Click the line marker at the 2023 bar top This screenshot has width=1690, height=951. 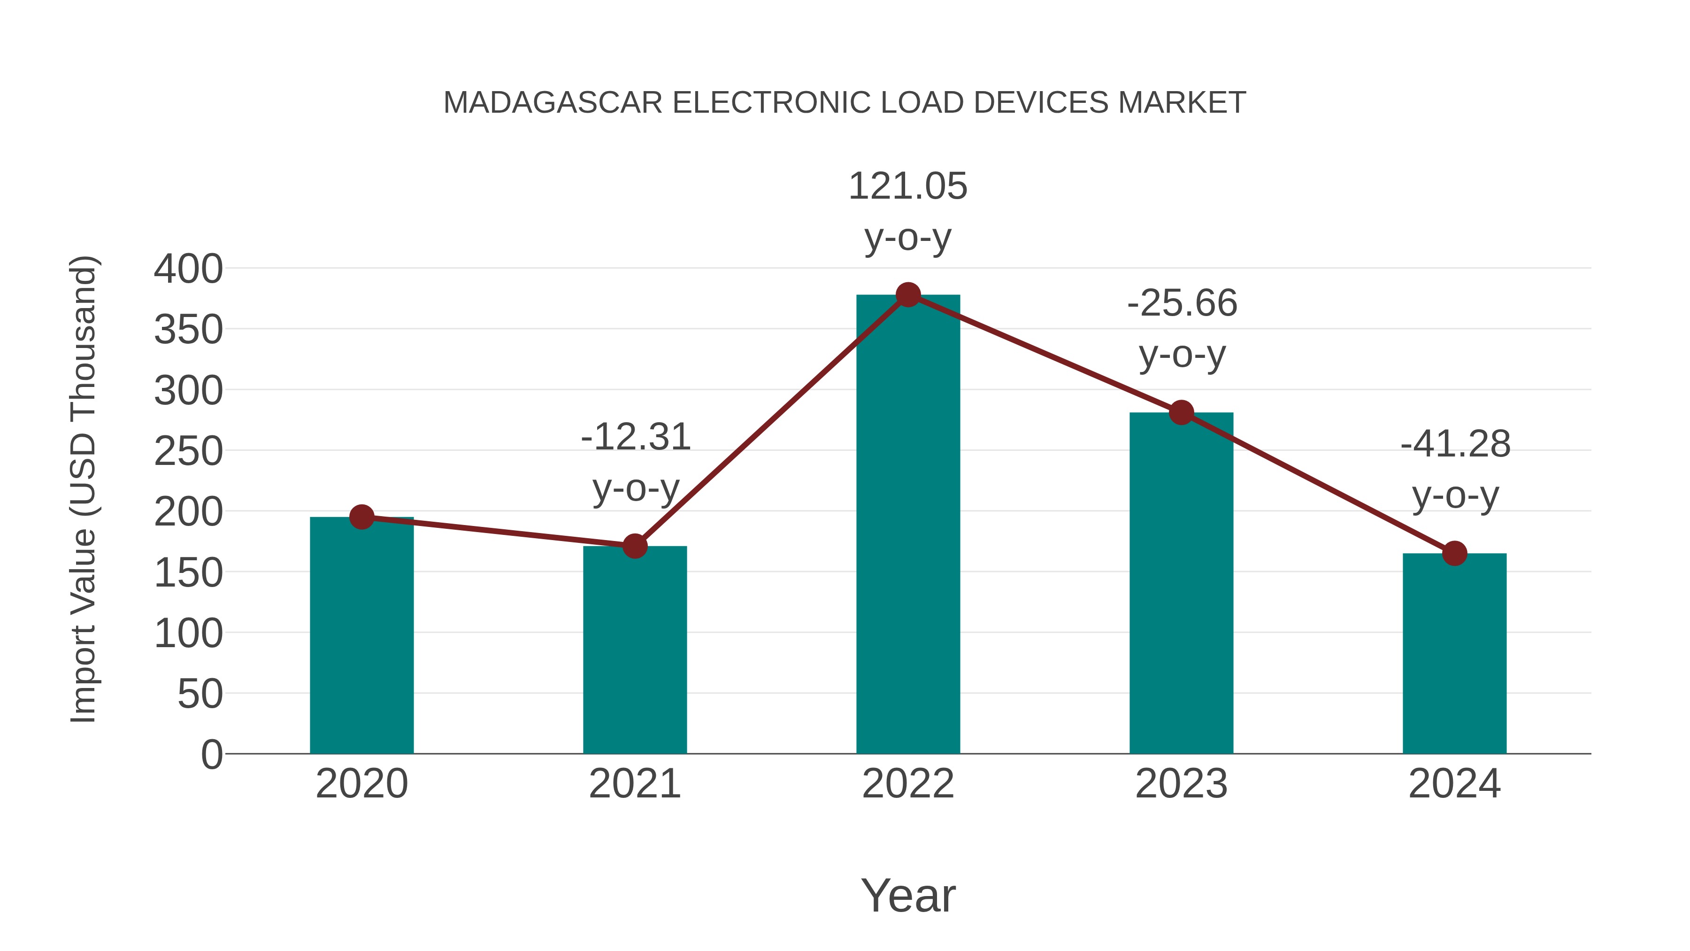1181,413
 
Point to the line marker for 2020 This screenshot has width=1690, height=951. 361,517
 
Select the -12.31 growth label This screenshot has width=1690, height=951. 636,462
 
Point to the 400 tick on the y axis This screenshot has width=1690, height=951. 188,269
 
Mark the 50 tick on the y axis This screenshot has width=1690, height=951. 200,695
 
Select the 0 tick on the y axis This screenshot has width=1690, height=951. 212,755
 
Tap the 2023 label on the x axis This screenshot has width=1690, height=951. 1181,784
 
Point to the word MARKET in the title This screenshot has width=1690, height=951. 1182,103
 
